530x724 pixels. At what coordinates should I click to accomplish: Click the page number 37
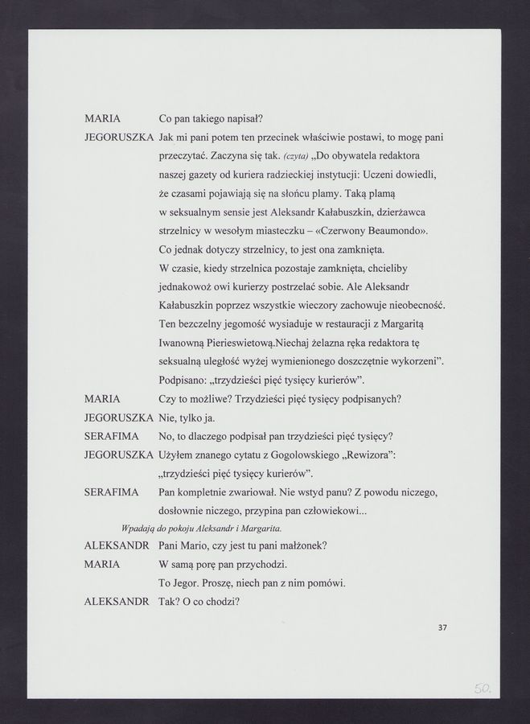point(442,629)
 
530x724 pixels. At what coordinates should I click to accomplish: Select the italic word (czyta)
point(298,155)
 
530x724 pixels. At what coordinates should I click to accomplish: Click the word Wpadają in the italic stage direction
point(138,528)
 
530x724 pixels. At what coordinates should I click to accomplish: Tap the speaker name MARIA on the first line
point(102,118)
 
